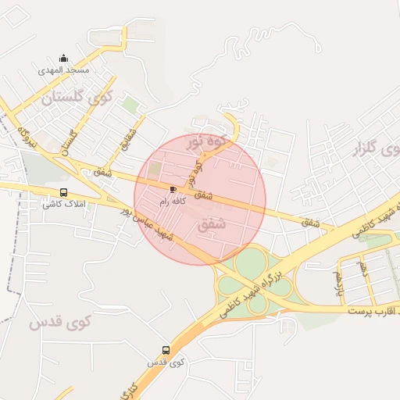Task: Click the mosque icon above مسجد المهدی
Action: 64,59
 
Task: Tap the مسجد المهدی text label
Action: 65,70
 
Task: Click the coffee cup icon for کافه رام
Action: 173,189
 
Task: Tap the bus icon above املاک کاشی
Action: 63,193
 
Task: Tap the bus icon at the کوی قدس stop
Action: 165,350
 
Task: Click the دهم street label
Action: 362,268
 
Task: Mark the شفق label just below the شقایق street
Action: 103,170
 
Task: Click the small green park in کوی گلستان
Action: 130,104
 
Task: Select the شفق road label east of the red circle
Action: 311,222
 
